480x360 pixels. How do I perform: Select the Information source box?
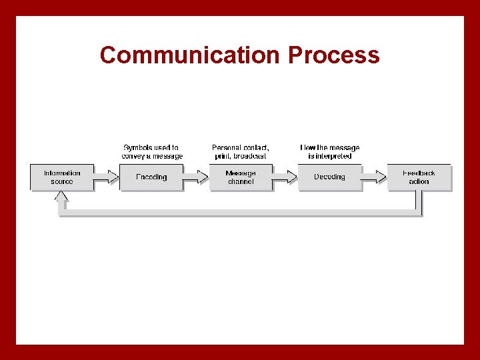(x=62, y=177)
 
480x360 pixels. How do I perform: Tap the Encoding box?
(x=151, y=177)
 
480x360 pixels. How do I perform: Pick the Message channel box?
(x=241, y=177)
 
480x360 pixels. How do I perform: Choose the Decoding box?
(x=329, y=177)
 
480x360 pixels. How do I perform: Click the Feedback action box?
(x=419, y=177)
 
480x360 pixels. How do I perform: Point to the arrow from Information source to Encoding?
(x=105, y=177)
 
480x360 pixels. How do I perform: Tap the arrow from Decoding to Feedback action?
(x=374, y=177)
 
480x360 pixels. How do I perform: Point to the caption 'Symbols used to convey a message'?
(x=151, y=151)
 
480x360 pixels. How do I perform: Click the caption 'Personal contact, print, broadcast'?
(x=241, y=151)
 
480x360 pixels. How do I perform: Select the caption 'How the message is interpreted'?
(x=329, y=151)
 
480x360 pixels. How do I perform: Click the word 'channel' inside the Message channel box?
(x=241, y=182)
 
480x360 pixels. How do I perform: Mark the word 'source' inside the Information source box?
(x=62, y=182)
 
